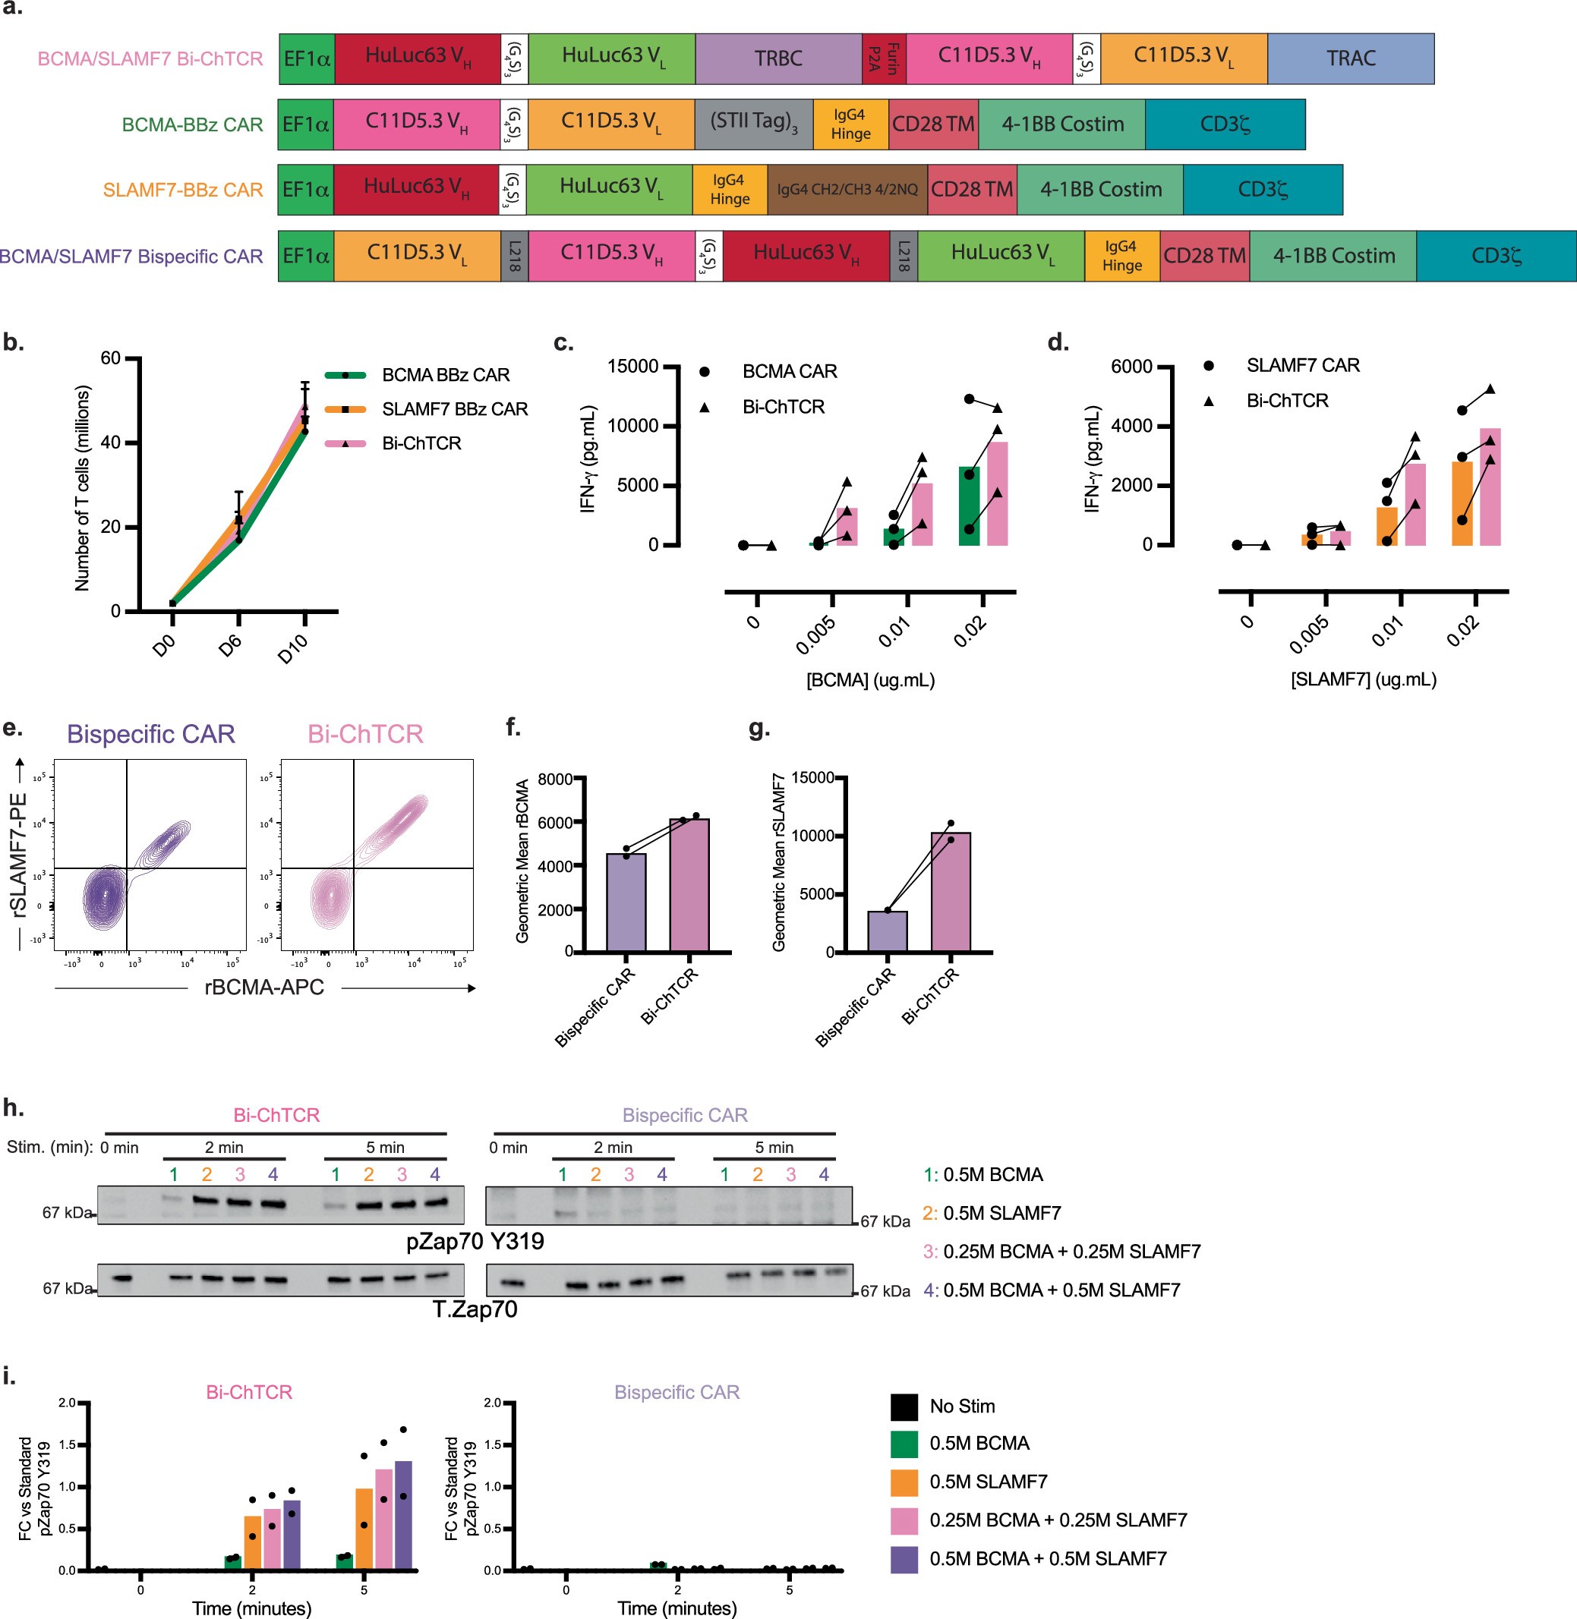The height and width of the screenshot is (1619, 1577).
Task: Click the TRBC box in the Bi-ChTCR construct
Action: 777,58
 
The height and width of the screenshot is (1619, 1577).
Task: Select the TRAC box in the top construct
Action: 1350,58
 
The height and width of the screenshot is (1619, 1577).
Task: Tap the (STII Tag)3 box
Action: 753,124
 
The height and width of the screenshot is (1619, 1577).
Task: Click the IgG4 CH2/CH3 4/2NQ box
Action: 847,190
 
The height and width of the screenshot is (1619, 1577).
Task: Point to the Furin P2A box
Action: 883,58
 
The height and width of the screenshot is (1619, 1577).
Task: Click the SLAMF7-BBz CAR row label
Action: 182,191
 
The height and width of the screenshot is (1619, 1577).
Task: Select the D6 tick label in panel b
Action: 230,645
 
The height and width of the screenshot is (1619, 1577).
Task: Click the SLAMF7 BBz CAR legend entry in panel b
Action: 454,409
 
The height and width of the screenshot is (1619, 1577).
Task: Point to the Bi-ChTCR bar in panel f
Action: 689,884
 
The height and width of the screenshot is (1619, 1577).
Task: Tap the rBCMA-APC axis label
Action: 264,987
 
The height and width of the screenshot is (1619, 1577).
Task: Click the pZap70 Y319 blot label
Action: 475,1241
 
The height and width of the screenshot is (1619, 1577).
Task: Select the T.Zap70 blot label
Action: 475,1309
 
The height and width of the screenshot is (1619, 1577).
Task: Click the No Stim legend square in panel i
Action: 904,1406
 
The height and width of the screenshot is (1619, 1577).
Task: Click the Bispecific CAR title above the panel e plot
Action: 151,735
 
